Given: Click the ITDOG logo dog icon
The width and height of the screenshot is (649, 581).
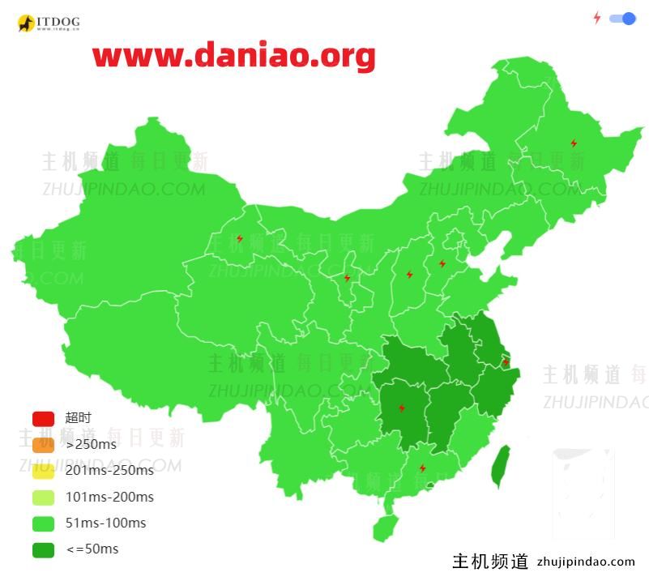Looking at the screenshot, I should [x=26, y=23].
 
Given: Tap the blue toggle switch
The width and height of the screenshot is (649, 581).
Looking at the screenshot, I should [x=622, y=18].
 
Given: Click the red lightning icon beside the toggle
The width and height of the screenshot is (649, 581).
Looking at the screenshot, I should [x=597, y=18].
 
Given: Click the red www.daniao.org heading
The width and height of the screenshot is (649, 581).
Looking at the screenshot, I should [x=233, y=56].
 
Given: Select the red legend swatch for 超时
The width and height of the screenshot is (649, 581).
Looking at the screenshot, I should [x=43, y=418].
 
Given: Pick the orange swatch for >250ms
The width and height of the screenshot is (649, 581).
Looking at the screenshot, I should [x=43, y=444].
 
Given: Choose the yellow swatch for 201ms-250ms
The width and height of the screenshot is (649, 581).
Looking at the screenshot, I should [x=43, y=471].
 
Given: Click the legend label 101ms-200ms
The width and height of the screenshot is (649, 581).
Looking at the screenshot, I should [x=109, y=497].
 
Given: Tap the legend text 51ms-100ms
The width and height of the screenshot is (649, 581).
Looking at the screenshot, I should [x=106, y=523].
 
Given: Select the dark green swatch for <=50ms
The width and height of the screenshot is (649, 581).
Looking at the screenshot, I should [x=43, y=549].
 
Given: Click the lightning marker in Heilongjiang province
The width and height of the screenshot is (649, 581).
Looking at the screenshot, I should [x=574, y=143].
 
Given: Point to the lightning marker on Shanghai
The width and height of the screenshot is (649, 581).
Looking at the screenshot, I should [x=506, y=362].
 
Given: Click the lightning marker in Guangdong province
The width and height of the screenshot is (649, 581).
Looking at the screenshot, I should [x=422, y=468].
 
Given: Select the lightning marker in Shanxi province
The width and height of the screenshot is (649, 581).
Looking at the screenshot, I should [x=409, y=274].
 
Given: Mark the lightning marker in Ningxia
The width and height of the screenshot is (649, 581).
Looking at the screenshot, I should [x=347, y=278].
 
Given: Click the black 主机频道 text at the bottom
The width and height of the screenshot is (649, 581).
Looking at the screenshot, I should [x=490, y=561].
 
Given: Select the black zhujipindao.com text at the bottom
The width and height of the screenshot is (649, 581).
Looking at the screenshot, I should [x=586, y=561].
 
